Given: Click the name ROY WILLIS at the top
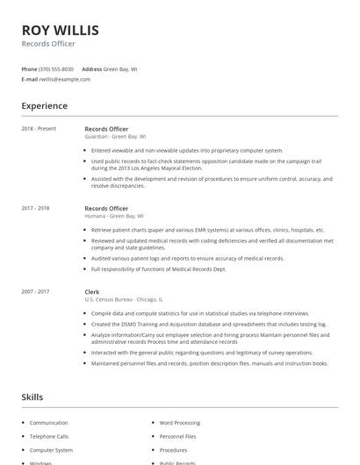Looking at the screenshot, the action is coord(60,30).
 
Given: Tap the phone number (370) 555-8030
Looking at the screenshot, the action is coord(56,68).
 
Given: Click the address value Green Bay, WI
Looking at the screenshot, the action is coord(120,68).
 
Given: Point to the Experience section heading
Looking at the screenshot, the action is coord(45,106).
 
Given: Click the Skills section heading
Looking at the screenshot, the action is coord(32,397).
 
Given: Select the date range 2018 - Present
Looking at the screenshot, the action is coord(39,129).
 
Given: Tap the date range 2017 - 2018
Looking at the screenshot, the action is coord(35,209).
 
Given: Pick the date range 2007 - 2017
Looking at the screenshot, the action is coord(35,291).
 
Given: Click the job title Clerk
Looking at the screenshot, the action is coord(92,291).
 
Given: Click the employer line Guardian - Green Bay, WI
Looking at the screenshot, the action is coord(115,137).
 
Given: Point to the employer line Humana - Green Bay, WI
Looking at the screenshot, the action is coord(113,216).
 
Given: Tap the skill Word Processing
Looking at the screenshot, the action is coord(180,422).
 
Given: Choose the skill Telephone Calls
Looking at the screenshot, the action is coord(49,436).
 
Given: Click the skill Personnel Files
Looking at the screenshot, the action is coord(178,436).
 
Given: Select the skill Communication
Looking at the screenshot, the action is coord(49,422).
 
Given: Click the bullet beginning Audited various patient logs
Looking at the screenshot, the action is coord(187,259).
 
